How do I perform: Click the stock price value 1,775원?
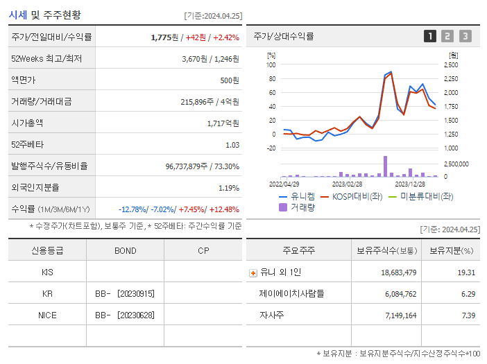(x=165, y=37)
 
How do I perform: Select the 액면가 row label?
(x=23, y=80)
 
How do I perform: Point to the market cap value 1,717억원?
(x=223, y=123)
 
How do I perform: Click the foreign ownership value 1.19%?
(x=229, y=188)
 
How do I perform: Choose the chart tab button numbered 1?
(x=430, y=36)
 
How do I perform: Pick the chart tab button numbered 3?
(x=465, y=36)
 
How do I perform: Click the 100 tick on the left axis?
(x=271, y=64)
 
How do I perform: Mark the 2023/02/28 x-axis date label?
(x=347, y=184)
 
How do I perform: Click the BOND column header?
(x=125, y=251)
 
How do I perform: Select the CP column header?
(x=203, y=251)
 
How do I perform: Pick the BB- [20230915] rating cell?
(x=125, y=294)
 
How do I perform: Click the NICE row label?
(x=47, y=315)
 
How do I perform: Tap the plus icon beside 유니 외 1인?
(x=253, y=272)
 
